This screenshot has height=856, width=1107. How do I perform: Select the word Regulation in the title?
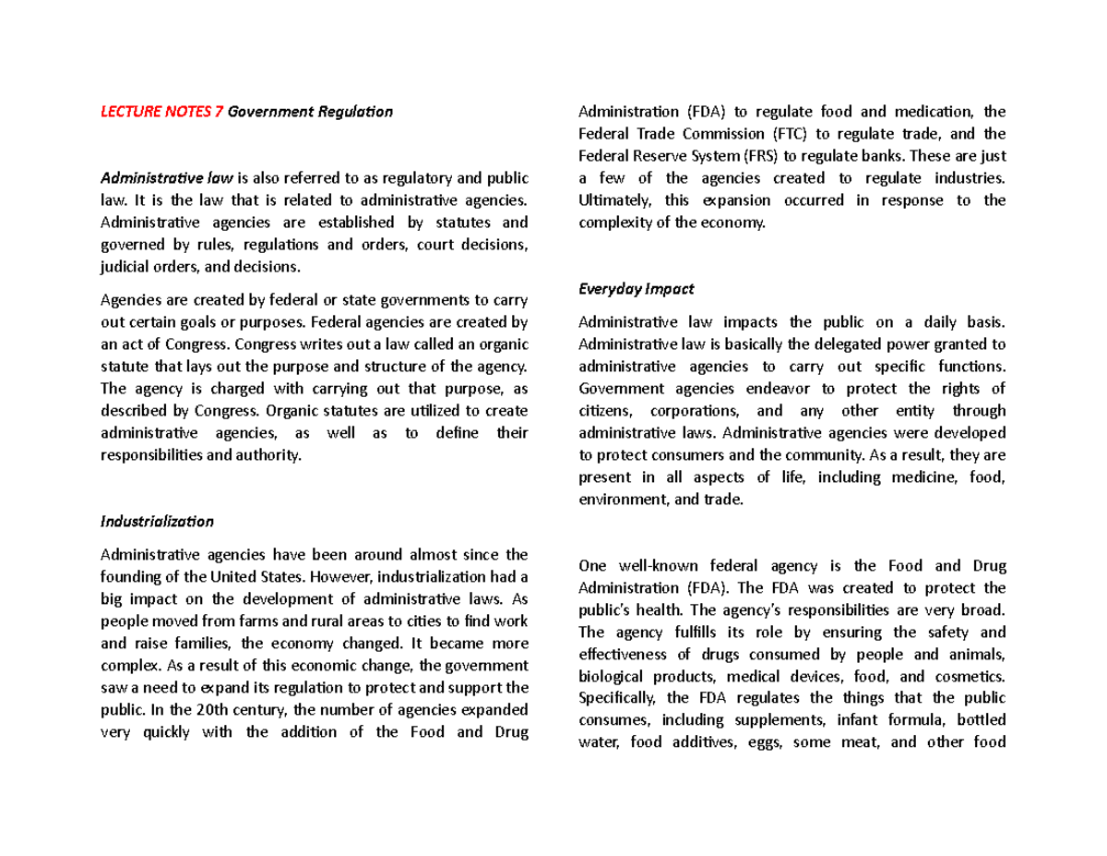pyautogui.click(x=351, y=112)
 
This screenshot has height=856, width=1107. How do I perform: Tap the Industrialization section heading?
pyautogui.click(x=156, y=521)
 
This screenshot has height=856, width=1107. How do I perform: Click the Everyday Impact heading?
pyautogui.click(x=636, y=288)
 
